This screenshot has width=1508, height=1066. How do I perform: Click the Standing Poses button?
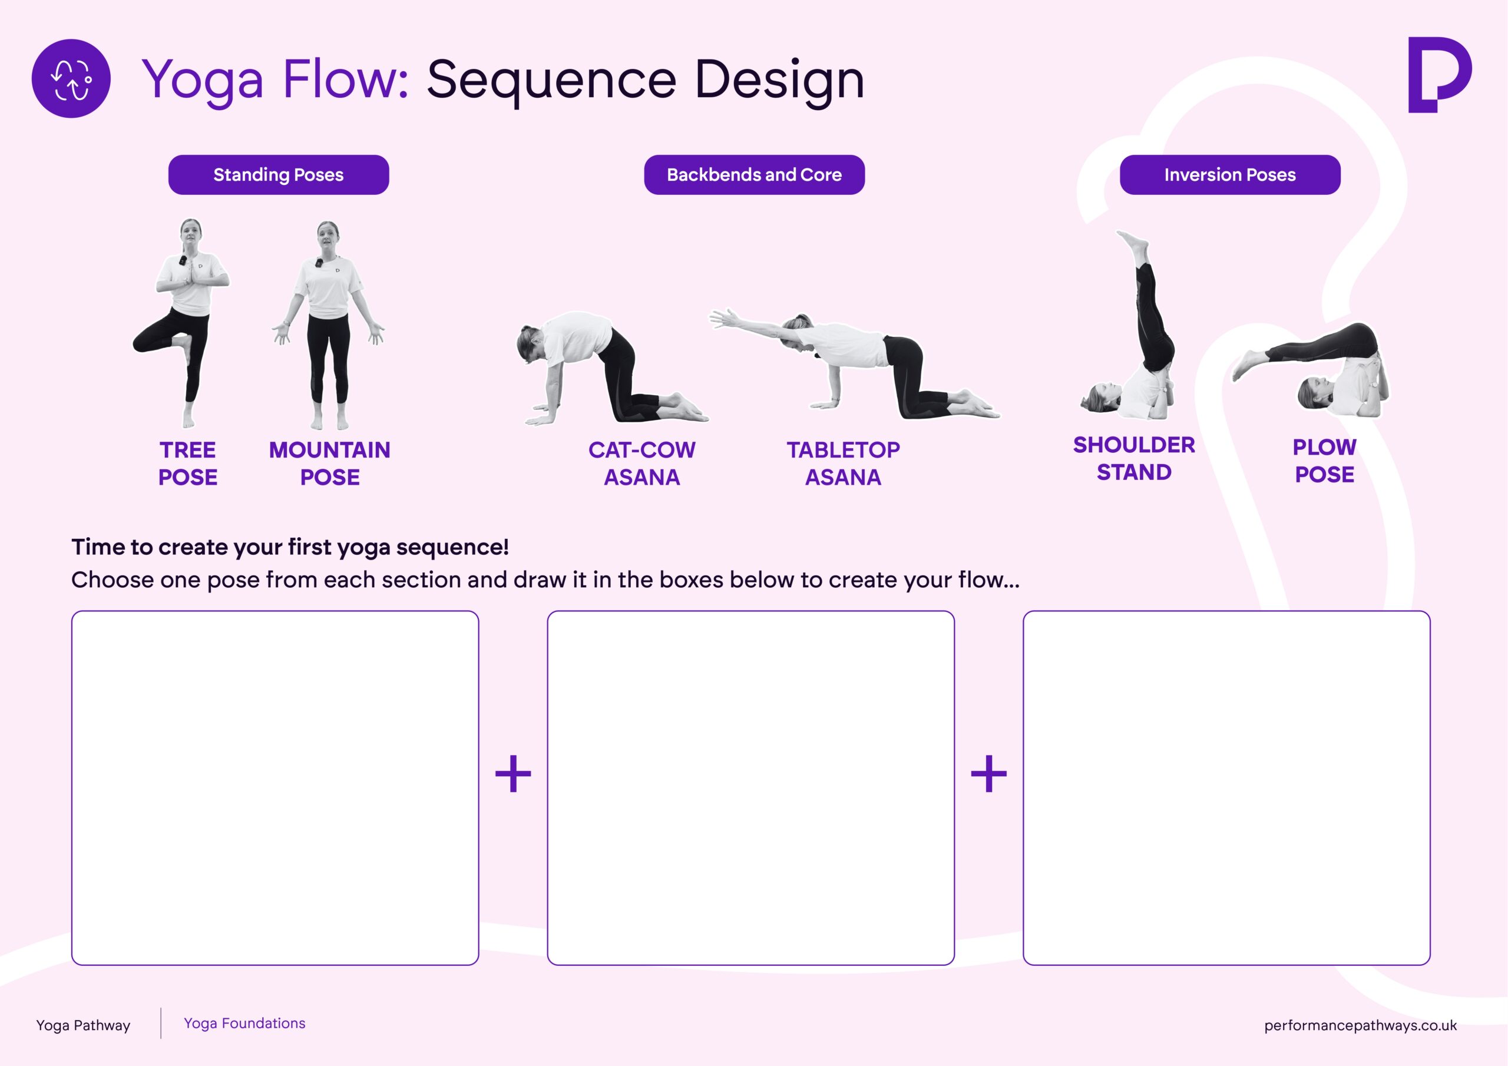click(279, 175)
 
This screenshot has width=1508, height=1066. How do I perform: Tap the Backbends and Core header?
click(754, 175)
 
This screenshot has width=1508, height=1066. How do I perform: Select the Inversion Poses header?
click(1229, 175)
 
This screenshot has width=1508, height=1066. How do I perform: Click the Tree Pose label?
click(188, 464)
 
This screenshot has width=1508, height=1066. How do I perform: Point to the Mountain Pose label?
click(330, 464)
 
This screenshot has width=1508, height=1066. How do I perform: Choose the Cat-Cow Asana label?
click(641, 464)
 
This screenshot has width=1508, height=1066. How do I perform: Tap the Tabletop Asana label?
click(844, 464)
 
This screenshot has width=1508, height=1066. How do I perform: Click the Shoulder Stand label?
click(1133, 458)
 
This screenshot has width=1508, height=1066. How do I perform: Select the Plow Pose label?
click(1324, 461)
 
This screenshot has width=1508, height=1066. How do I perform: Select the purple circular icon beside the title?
click(71, 79)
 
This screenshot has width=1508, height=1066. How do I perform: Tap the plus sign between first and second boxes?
click(513, 773)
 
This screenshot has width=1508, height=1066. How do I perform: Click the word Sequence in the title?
click(552, 80)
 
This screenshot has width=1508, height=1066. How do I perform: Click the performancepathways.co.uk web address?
click(1360, 1025)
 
